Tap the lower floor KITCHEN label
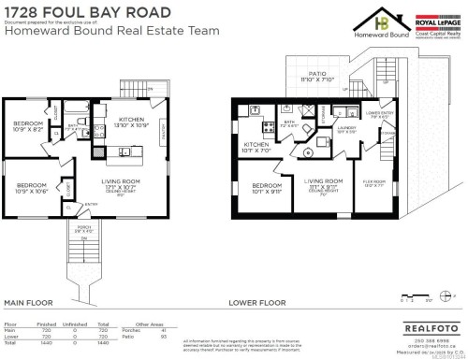pyautogui.click(x=256, y=147)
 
